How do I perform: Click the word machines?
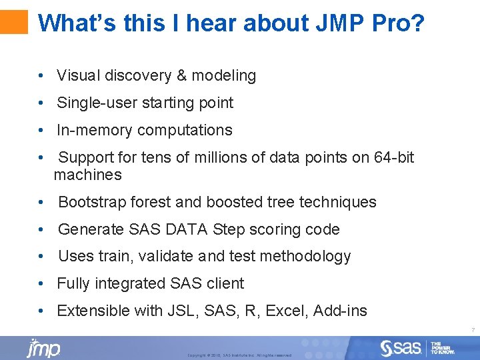88,175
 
